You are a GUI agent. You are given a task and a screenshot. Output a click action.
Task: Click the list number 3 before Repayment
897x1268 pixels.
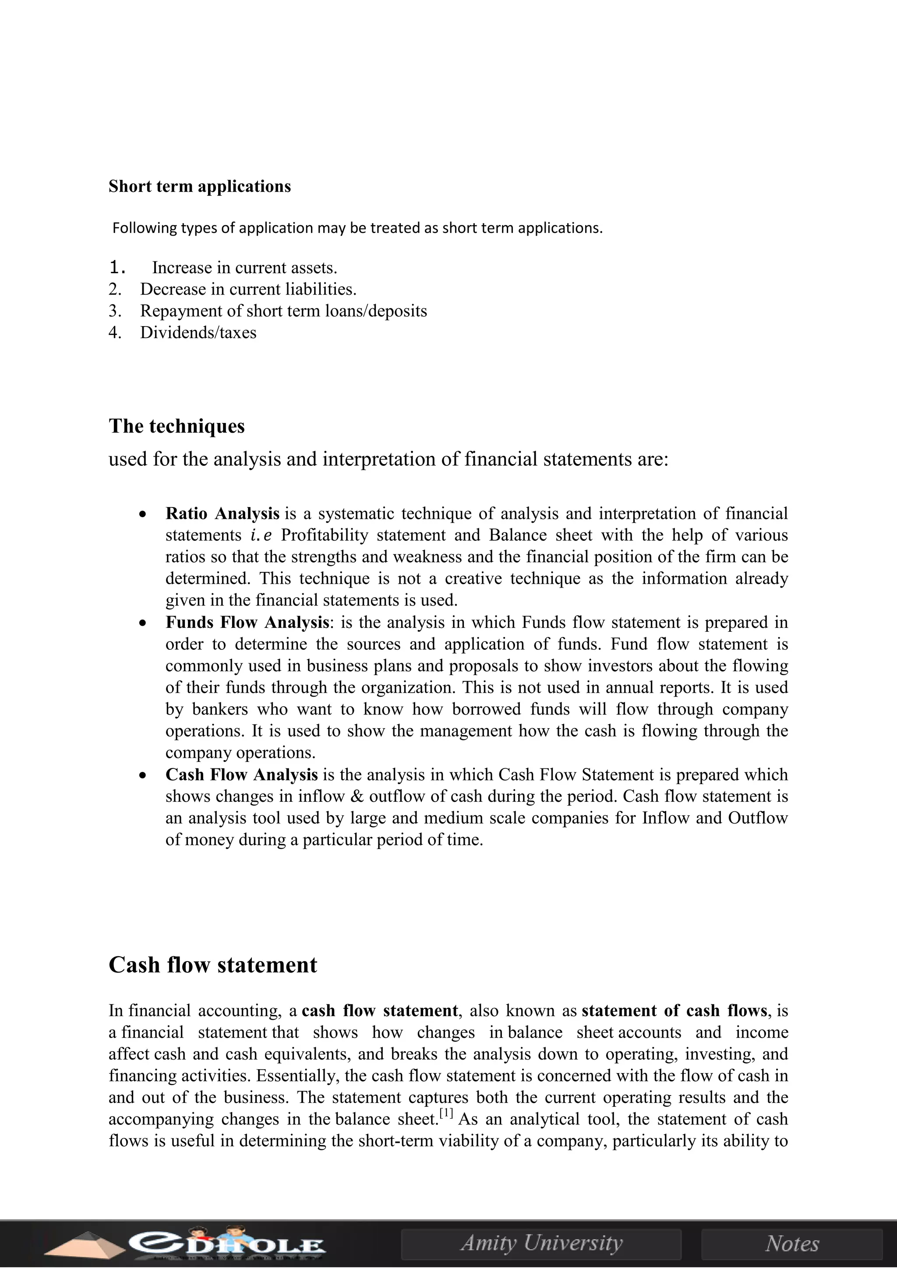114,311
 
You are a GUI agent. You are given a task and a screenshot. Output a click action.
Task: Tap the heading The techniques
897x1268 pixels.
177,426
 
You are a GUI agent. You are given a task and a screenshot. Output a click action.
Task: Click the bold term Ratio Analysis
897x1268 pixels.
222,514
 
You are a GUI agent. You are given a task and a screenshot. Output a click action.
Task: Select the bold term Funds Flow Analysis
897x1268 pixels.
247,623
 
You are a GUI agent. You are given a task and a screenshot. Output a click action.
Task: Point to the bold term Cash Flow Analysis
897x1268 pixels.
241,775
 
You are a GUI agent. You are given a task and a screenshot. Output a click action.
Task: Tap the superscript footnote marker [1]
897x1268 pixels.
446,1113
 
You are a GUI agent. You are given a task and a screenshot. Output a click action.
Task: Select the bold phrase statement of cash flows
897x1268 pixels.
675,1011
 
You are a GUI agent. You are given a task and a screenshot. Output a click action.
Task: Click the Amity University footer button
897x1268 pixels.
541,1243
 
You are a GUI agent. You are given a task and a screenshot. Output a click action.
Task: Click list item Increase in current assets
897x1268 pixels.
244,268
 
